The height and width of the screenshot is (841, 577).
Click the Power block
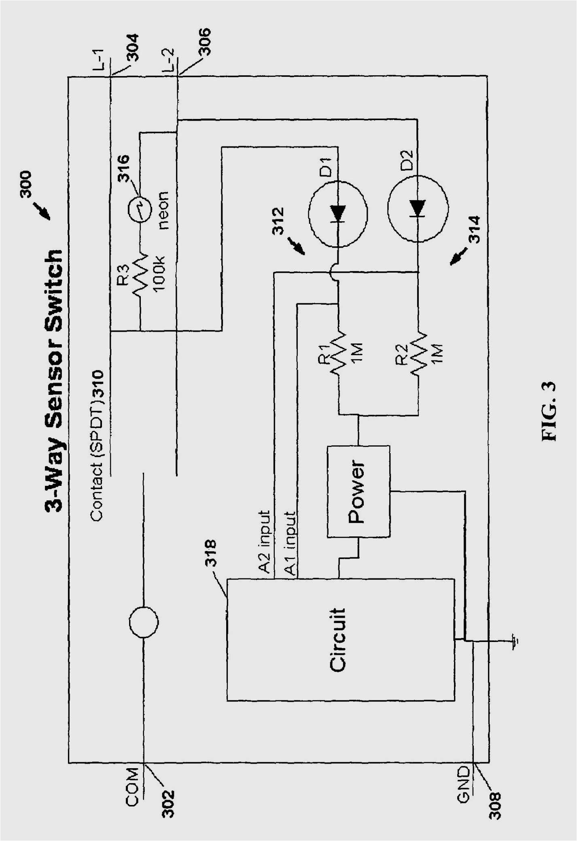(x=359, y=491)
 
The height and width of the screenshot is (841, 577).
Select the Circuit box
(x=340, y=640)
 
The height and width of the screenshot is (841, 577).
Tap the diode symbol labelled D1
(x=338, y=213)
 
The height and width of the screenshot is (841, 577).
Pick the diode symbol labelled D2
(x=418, y=209)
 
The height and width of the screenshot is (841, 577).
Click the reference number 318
(x=211, y=553)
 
